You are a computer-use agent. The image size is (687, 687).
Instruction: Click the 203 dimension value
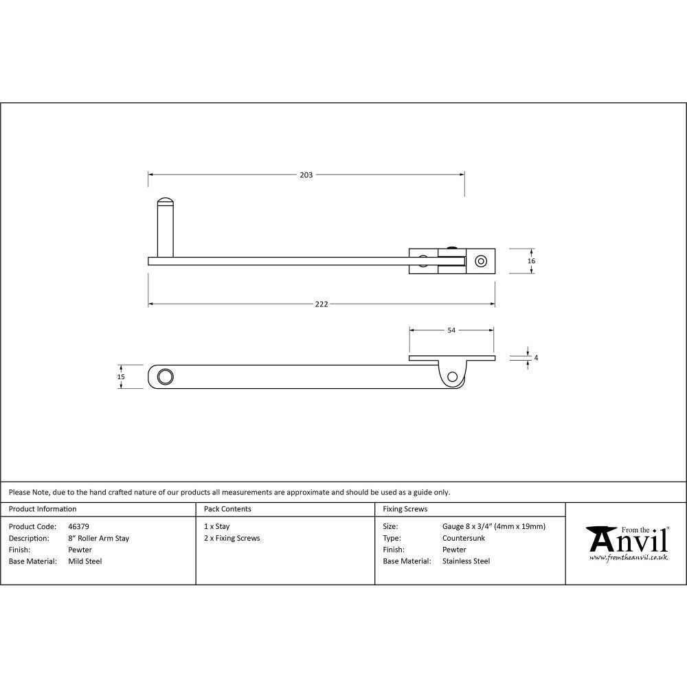[x=306, y=175]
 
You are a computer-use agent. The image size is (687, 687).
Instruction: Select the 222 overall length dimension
[x=322, y=304]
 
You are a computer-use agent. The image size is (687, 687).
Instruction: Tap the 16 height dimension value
[x=532, y=261]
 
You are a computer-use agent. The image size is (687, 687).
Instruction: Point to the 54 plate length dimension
[x=451, y=330]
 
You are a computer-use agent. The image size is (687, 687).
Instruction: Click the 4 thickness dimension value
[x=536, y=358]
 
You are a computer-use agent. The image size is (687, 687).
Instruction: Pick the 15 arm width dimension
[x=121, y=376]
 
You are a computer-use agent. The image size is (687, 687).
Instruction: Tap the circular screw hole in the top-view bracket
[x=481, y=261]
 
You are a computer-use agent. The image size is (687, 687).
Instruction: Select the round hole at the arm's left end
[x=165, y=376]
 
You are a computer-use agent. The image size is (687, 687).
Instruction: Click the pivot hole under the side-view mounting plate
[x=452, y=376]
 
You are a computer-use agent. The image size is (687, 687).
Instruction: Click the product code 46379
[x=79, y=527]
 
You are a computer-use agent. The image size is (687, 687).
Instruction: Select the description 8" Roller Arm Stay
[x=99, y=539]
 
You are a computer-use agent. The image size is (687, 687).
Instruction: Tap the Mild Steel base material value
[x=85, y=561]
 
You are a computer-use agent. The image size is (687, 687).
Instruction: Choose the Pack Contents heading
[x=227, y=509]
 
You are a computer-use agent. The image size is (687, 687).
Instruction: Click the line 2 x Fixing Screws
[x=232, y=539]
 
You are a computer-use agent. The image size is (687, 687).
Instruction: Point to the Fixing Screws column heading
[x=405, y=509]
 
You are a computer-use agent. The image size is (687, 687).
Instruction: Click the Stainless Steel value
[x=466, y=561]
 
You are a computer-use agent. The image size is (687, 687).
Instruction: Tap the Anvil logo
[x=627, y=542]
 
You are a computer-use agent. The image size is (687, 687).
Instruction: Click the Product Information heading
[x=43, y=509]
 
